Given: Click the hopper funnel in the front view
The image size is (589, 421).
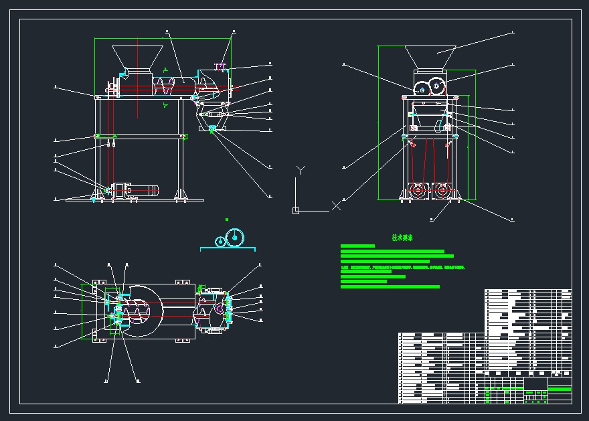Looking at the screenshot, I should pos(138,57).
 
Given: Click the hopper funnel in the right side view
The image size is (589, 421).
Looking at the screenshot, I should pos(430,56).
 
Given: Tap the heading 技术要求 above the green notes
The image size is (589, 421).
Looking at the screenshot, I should pos(403,238).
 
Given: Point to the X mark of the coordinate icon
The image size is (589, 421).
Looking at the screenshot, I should pos(336,205).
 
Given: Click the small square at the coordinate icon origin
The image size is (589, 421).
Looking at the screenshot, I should pos(296,211).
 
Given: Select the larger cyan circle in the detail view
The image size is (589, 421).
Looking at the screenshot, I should pos(235,238).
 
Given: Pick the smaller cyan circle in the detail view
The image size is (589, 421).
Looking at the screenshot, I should pos(220,241).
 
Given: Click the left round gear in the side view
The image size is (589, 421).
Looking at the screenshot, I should pos(422,88).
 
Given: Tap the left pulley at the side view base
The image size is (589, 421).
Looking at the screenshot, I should pos(418,190).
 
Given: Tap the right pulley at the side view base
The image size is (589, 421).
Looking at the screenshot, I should pos(442,190).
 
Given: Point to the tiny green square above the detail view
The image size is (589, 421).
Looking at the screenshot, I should pos(227,219).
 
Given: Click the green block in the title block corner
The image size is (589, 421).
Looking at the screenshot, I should pos(560,389).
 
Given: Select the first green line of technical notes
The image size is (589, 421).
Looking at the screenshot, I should pos(357,246).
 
